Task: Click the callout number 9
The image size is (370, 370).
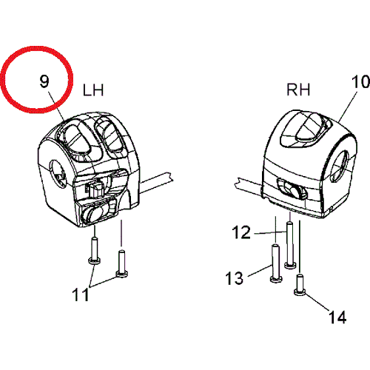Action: (44, 81)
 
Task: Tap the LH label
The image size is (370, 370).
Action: (93, 90)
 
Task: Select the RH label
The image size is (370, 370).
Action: (298, 90)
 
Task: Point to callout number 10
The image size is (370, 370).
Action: (360, 81)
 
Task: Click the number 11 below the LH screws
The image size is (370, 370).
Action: (80, 295)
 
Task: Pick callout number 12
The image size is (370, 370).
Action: (242, 232)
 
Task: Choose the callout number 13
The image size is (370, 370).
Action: (235, 278)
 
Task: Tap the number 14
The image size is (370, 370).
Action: (337, 317)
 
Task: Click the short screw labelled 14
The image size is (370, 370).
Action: (300, 285)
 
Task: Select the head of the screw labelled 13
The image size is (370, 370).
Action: (276, 279)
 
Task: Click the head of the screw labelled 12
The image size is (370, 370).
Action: (290, 265)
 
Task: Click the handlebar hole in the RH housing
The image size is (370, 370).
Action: (339, 166)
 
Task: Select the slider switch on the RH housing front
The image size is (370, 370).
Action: (292, 189)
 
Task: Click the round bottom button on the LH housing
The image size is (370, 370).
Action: (93, 212)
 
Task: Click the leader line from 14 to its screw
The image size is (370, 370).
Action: (317, 303)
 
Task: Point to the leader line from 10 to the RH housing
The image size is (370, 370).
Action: (348, 107)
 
